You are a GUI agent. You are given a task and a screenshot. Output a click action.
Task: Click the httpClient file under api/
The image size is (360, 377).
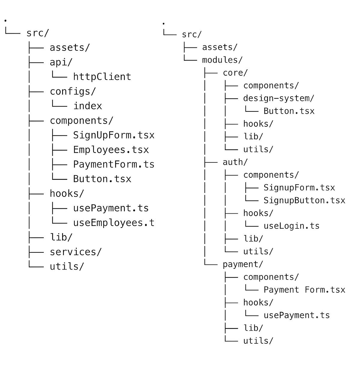102,77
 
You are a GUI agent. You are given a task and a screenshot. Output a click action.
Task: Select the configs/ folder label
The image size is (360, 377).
73,91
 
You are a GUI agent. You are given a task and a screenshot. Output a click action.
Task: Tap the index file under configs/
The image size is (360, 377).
88,106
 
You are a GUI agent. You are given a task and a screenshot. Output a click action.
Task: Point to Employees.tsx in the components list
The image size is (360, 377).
111,150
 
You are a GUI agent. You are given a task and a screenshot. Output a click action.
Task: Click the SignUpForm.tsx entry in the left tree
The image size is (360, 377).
114,135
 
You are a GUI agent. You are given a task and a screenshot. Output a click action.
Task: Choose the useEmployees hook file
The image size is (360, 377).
114,223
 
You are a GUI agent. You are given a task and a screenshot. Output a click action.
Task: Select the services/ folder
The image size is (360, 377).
76,252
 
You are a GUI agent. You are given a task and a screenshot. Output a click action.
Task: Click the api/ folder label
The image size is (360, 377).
61,62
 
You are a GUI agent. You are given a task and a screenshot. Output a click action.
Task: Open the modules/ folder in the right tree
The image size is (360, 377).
222,60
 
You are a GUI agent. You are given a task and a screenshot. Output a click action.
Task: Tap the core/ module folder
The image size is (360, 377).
235,73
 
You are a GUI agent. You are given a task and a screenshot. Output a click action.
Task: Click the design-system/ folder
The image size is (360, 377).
278,98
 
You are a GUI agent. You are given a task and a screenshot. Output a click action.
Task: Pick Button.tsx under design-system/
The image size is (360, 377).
289,111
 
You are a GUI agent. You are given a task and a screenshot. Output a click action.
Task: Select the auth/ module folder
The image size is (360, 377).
235,162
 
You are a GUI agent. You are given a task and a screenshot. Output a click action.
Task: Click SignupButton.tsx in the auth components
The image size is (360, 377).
304,201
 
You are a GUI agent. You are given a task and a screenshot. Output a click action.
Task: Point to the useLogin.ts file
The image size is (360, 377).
291,226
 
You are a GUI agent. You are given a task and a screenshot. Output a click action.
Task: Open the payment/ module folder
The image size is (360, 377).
243,264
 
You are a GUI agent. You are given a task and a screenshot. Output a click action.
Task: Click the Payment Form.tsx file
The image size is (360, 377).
304,290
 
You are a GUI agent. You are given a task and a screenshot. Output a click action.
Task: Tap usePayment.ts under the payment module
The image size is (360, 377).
296,315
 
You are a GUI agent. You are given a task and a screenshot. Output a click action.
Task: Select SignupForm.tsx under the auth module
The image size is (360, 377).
299,188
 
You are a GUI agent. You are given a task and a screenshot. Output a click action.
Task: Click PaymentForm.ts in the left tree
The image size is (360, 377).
114,164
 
